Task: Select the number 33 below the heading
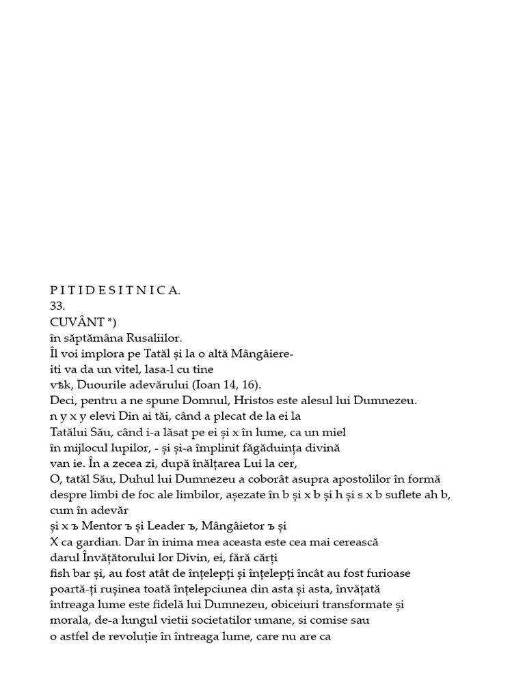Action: [x=57, y=306]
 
